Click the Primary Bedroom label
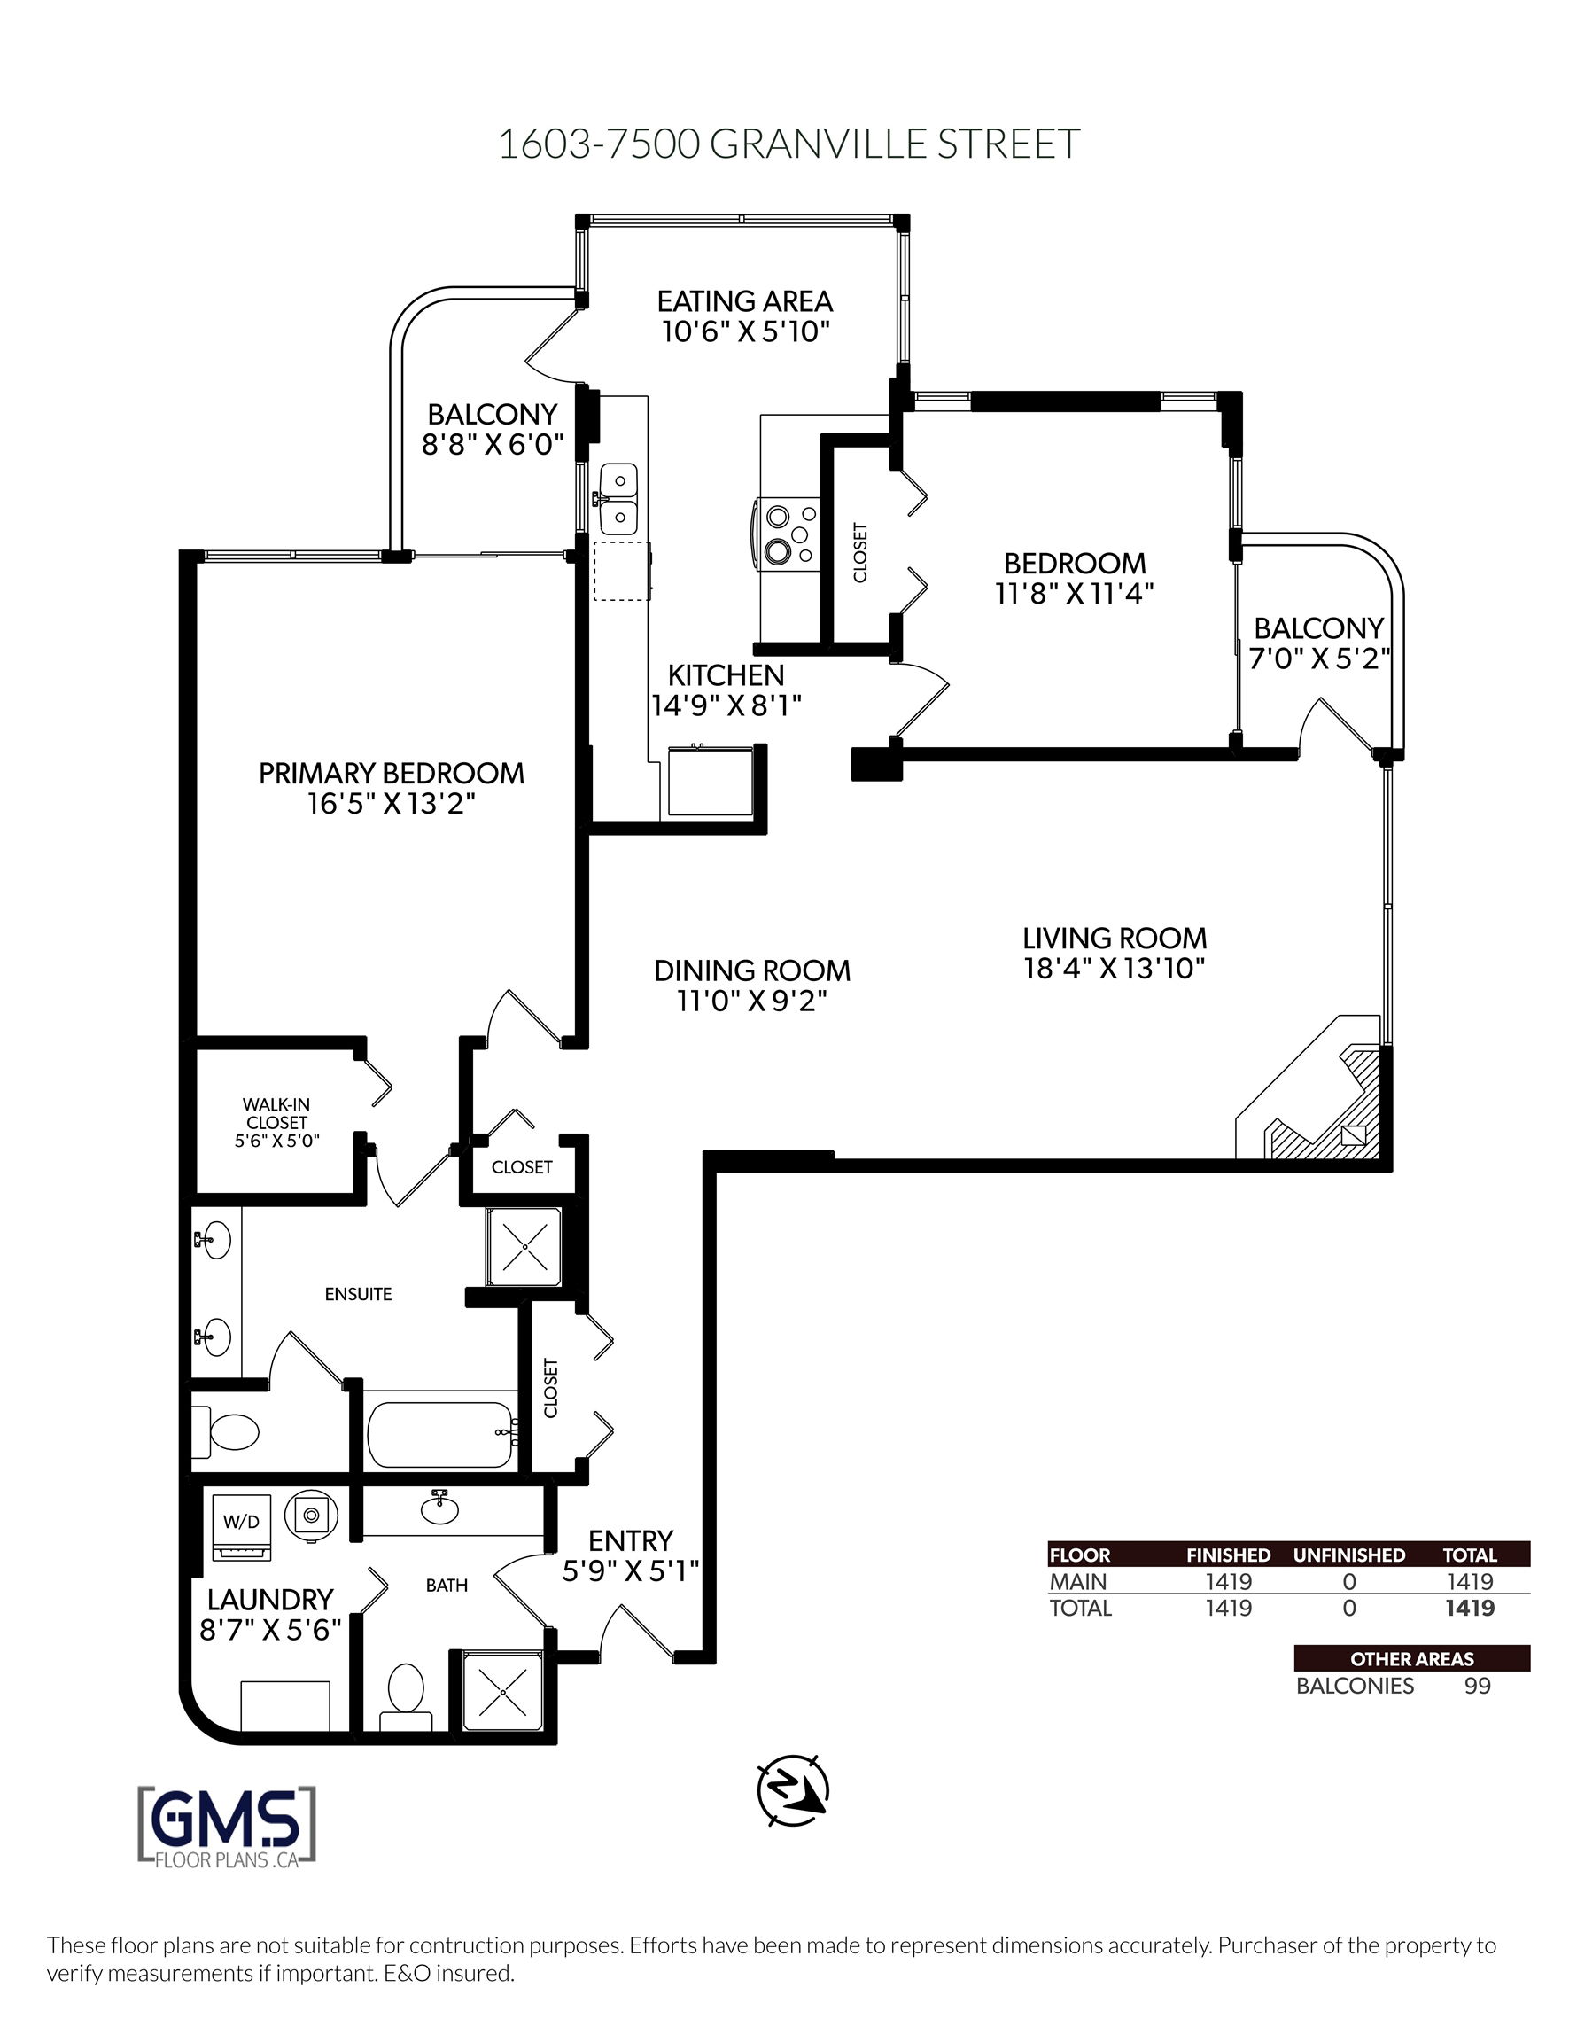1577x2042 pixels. (391, 773)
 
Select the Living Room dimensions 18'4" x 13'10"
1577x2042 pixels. (1115, 968)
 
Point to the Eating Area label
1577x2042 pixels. (744, 301)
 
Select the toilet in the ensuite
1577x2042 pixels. (226, 1430)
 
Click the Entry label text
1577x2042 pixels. (630, 1539)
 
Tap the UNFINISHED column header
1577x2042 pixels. (1349, 1555)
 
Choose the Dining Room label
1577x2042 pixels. (752, 970)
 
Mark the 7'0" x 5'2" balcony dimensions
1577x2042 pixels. (1318, 659)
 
